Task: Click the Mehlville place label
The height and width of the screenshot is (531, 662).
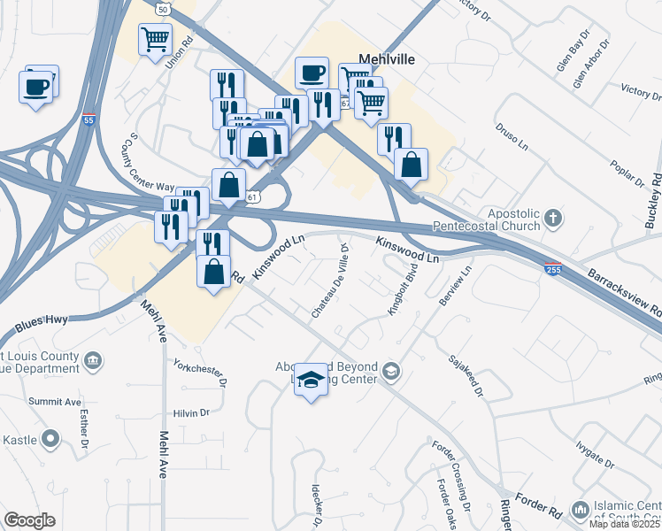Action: tap(387, 61)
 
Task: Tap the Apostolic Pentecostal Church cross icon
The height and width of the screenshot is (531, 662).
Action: tap(553, 217)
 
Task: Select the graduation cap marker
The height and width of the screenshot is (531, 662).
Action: tap(311, 380)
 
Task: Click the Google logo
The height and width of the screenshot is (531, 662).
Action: tap(29, 520)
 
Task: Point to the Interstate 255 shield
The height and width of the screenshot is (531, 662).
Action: tap(553, 268)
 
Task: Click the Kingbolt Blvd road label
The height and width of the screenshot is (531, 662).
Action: tap(403, 294)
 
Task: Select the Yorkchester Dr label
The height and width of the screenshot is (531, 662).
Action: tap(201, 373)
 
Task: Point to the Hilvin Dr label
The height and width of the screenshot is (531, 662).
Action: tap(190, 412)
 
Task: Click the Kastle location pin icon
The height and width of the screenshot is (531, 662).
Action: tap(50, 438)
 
